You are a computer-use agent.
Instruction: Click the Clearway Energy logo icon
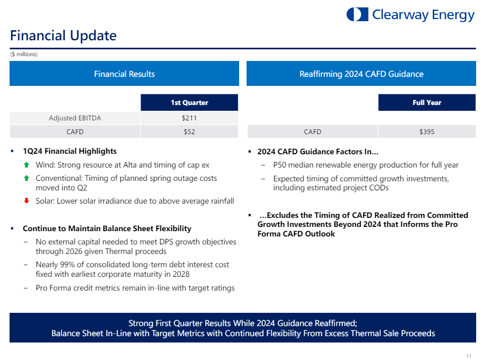tap(357, 15)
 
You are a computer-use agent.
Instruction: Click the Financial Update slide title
tap(63, 36)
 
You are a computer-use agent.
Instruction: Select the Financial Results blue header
tap(124, 74)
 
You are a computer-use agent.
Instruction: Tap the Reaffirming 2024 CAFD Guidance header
tap(361, 74)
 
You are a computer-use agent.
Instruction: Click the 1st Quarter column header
tap(189, 102)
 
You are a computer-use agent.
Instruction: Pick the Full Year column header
tap(427, 102)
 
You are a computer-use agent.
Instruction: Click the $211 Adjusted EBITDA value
tap(189, 118)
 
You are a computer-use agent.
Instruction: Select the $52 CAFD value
tap(189, 131)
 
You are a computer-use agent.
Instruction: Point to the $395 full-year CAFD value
tap(427, 131)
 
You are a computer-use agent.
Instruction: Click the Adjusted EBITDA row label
tap(75, 118)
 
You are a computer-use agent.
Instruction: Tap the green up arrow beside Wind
tap(27, 165)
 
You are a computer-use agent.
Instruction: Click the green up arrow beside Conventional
tap(27, 178)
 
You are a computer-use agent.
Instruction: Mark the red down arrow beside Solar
tap(27, 201)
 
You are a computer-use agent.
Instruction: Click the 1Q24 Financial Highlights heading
tap(69, 151)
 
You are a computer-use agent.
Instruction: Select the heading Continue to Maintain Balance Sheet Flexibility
tap(107, 229)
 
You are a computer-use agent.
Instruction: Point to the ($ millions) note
tap(24, 54)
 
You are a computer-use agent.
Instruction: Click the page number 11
tap(469, 356)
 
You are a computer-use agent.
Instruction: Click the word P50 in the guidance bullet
tap(279, 165)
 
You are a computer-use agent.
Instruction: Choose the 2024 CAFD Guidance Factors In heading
tap(318, 152)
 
